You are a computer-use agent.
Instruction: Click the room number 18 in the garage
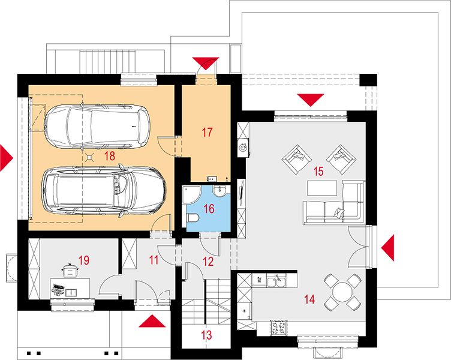(x=110, y=156)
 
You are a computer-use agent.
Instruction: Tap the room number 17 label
(x=207, y=133)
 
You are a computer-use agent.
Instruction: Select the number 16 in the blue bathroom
(x=209, y=209)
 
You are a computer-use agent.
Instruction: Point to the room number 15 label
(x=318, y=171)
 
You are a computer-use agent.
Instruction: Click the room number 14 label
(x=309, y=299)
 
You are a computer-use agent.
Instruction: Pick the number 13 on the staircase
(x=206, y=335)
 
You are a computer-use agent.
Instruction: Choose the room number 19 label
(x=84, y=260)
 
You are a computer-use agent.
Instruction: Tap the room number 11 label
(x=154, y=260)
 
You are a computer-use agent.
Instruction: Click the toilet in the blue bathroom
(x=193, y=218)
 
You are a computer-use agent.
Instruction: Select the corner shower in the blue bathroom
(x=190, y=194)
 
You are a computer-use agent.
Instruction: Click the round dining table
(x=342, y=292)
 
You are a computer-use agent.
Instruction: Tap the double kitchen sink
(x=276, y=281)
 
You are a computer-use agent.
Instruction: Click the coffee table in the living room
(x=322, y=188)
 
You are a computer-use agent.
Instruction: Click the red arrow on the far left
(x=7, y=158)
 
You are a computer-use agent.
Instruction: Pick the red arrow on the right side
(x=387, y=248)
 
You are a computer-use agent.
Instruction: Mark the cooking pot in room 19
(x=69, y=270)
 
